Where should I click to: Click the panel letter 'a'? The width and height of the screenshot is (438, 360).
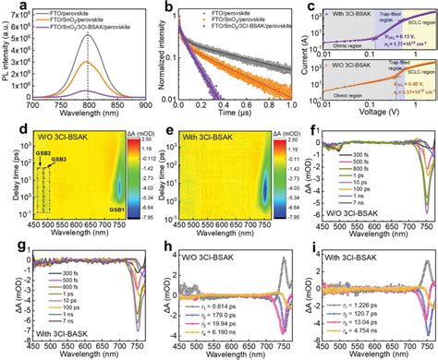6,6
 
